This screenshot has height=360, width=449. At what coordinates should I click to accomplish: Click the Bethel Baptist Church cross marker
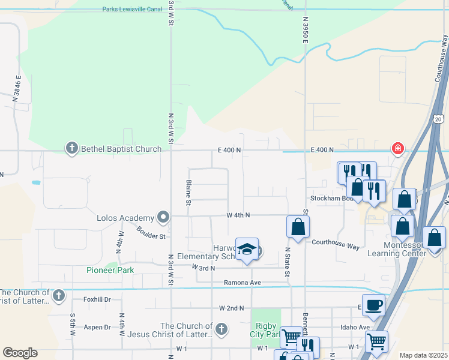[72, 149]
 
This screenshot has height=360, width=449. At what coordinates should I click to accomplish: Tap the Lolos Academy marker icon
[163, 217]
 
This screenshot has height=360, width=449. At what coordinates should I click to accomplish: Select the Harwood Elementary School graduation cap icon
[247, 250]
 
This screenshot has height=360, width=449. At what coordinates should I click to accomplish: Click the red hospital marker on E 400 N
[397, 148]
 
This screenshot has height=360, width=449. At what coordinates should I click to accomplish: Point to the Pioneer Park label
[110, 270]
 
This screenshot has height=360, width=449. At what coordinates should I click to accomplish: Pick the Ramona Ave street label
[243, 282]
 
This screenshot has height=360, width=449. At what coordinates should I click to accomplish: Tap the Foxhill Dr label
[97, 299]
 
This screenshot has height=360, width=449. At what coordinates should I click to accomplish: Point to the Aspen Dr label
[97, 327]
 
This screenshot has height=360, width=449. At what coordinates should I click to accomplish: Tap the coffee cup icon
[373, 304]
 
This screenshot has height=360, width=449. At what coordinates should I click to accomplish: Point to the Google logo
[20, 353]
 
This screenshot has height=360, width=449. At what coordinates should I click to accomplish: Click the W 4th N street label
[238, 215]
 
